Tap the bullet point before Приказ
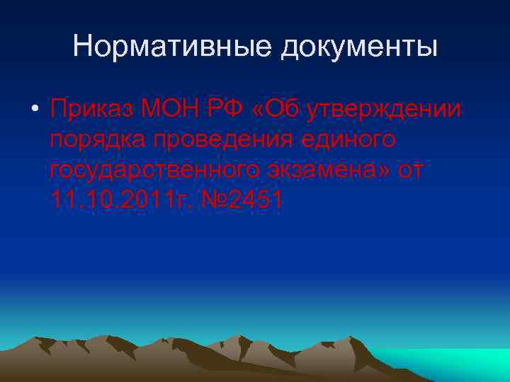(x=34, y=112)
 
